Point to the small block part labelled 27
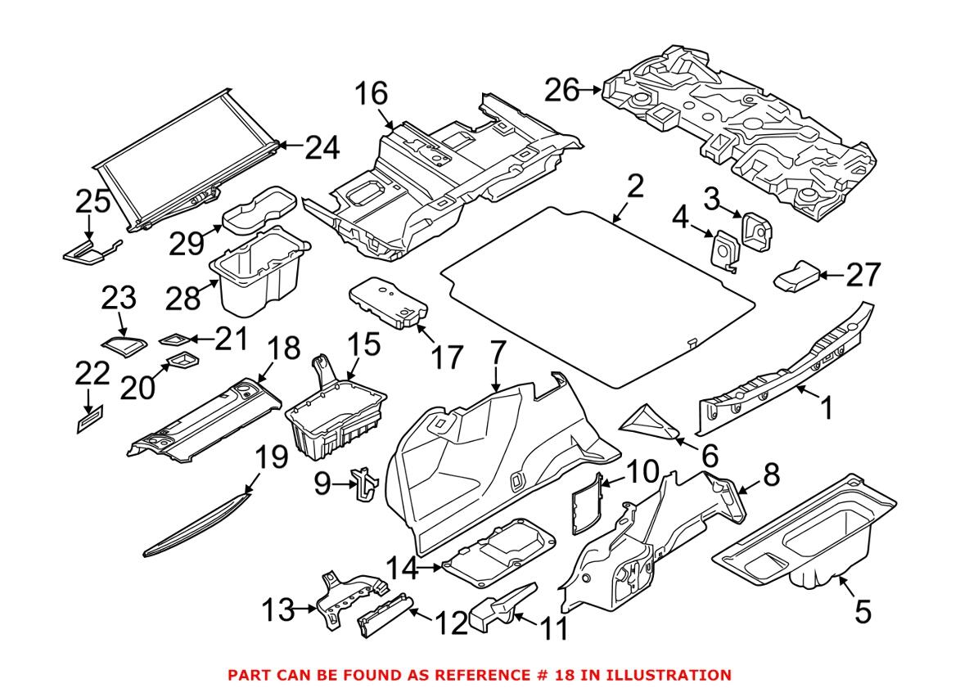795,277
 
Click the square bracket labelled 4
723,248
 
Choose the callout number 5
863,611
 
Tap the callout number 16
372,94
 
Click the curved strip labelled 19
196,522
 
